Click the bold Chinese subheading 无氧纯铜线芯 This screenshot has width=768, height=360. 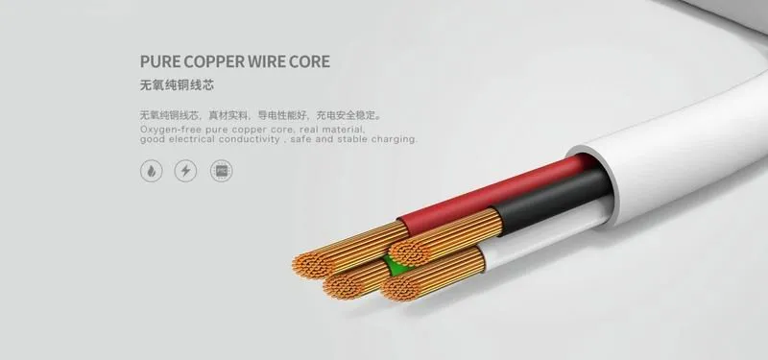pos(177,85)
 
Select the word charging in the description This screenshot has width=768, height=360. pos(395,139)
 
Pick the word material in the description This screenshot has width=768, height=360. pos(346,130)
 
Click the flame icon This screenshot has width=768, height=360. pos(152,171)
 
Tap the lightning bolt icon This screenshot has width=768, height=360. pos(185,171)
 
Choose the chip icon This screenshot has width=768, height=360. pos(222,171)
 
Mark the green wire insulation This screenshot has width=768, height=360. pos(396,265)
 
